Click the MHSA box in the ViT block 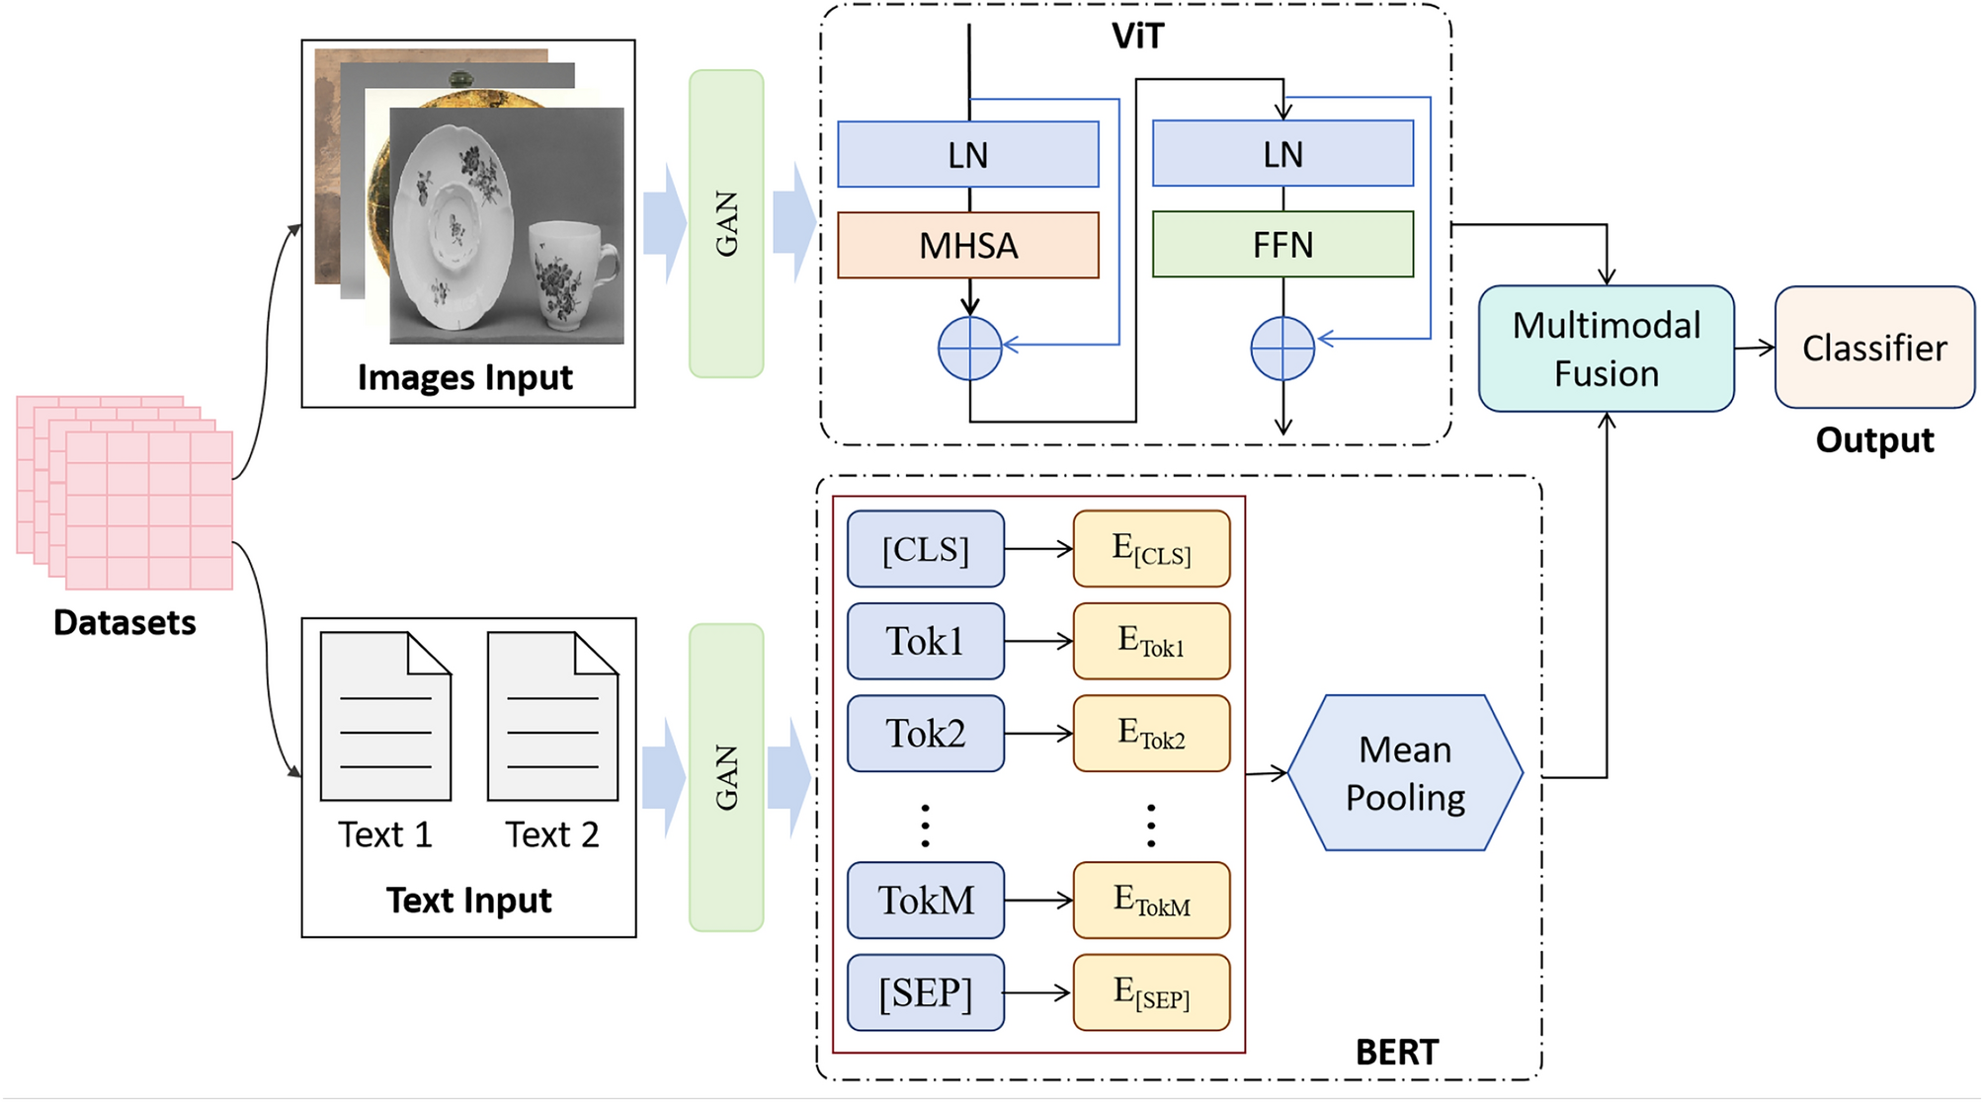[x=967, y=245]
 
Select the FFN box [x=1282, y=244]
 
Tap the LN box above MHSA [x=967, y=155]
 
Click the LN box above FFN [x=1282, y=154]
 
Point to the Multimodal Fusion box [x=1606, y=349]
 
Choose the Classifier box [x=1873, y=348]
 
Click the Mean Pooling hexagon [x=1404, y=773]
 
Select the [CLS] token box [x=925, y=549]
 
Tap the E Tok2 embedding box [x=1151, y=734]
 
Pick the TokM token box [x=925, y=901]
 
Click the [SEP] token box [x=925, y=992]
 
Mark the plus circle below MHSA [x=969, y=349]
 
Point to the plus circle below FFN [x=1281, y=349]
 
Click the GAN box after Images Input [x=726, y=224]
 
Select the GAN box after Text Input [x=726, y=778]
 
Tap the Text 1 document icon [x=385, y=717]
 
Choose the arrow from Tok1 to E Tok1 [x=1037, y=642]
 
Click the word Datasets [x=124, y=623]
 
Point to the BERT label [x=1396, y=1053]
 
